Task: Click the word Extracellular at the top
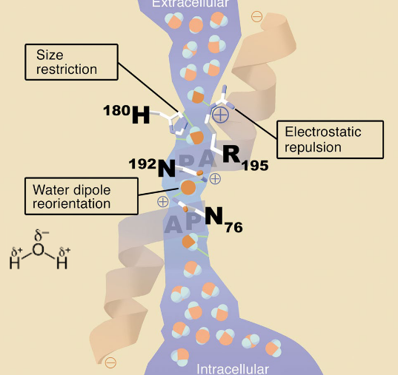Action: tap(190, 4)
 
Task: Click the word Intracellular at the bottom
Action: tap(232, 368)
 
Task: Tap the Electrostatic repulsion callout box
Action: tap(334, 139)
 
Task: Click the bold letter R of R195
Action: tap(230, 155)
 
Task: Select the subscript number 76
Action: tap(233, 228)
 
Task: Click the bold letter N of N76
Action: tap(213, 216)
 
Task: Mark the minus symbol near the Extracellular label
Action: tap(256, 16)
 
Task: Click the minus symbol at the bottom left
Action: tap(110, 362)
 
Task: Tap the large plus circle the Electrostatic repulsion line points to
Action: tap(220, 114)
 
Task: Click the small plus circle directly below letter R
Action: tap(215, 178)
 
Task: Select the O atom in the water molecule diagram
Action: tap(39, 249)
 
